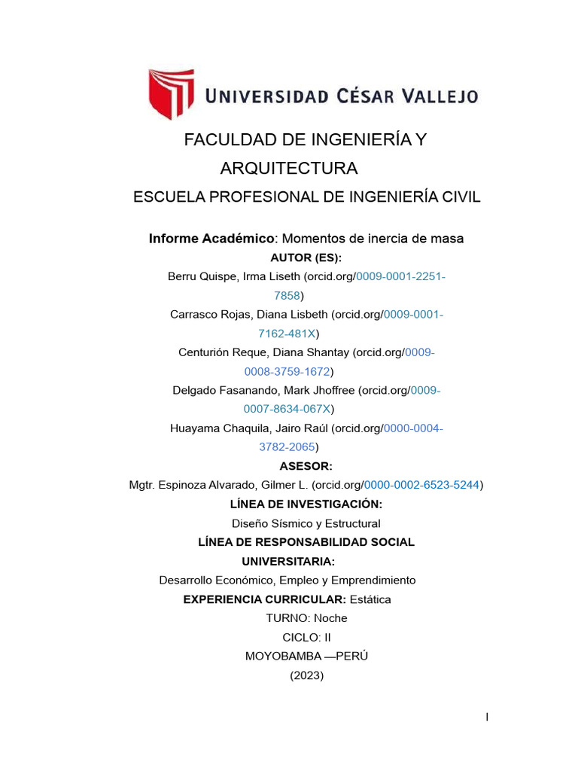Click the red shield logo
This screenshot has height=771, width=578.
click(x=171, y=95)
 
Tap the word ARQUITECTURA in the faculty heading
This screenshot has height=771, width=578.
click(x=288, y=168)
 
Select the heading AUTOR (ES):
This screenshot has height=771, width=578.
click(x=306, y=258)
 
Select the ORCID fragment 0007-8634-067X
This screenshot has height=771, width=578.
click(x=287, y=409)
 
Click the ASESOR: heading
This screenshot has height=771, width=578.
click(x=306, y=466)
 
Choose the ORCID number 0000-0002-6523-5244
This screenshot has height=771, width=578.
click(x=424, y=486)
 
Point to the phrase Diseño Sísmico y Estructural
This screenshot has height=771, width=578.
click(x=306, y=523)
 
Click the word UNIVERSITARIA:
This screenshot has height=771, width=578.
click(x=288, y=562)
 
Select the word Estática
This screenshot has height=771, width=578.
click(x=370, y=599)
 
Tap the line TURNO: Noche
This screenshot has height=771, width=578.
click(x=306, y=618)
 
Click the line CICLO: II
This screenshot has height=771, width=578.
click(x=306, y=638)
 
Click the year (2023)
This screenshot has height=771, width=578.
click(x=306, y=675)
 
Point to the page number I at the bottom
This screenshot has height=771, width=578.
click(x=487, y=718)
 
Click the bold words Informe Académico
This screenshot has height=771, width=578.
click(x=211, y=239)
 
